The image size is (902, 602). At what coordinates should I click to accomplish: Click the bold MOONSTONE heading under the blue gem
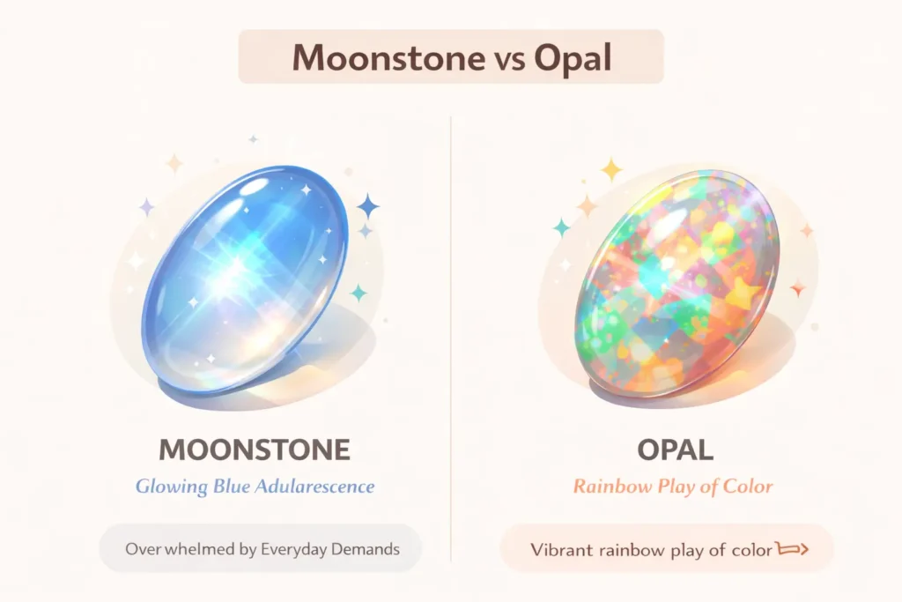(x=255, y=450)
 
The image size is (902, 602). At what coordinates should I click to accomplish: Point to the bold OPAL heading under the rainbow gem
(x=675, y=450)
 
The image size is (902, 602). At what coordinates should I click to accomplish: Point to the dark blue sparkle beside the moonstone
(x=368, y=207)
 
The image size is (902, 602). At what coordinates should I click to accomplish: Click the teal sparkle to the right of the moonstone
(x=359, y=293)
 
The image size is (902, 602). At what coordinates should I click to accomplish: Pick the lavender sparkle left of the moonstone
(x=146, y=207)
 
